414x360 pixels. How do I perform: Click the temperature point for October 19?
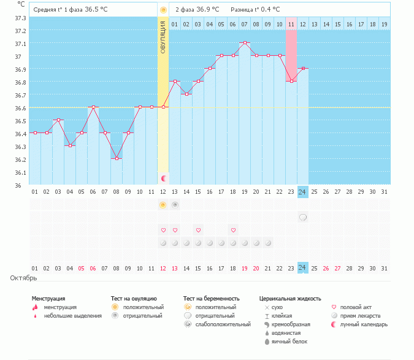tap(245, 43)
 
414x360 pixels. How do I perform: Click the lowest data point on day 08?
tap(117, 158)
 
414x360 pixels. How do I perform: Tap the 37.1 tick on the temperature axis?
tap(20, 44)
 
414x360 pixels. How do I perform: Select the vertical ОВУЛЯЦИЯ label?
tap(163, 37)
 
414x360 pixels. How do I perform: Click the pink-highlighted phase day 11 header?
tap(291, 24)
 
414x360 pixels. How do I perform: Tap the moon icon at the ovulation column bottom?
tap(164, 178)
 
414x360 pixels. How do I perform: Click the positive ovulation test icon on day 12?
tap(163, 204)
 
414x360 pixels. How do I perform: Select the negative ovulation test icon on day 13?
tap(175, 204)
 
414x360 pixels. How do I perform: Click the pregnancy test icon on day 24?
tap(302, 217)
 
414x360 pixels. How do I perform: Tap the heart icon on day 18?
tap(233, 230)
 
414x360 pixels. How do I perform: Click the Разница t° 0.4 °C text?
tap(255, 10)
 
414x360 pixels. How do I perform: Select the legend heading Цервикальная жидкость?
tap(290, 299)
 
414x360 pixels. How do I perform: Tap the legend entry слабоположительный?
tap(217, 324)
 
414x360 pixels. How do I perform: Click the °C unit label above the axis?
tap(21, 4)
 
